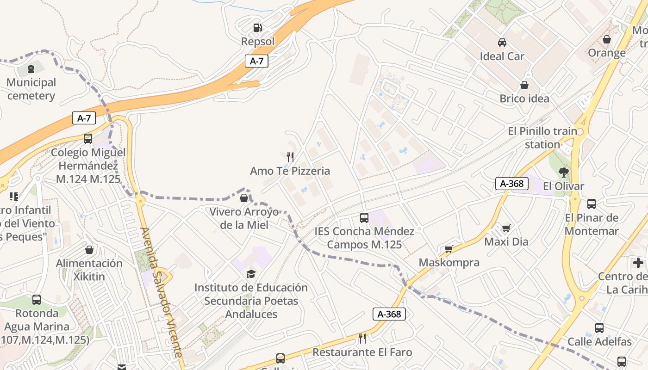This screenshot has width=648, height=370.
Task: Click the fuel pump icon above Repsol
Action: (258, 28)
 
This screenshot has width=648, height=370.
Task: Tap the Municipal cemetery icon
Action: (31, 69)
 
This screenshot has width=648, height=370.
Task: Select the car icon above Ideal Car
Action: (502, 43)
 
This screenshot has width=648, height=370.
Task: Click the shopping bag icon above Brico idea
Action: (524, 85)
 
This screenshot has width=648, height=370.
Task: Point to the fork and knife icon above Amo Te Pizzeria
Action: (290, 157)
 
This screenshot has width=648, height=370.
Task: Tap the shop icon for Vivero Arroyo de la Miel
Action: (244, 198)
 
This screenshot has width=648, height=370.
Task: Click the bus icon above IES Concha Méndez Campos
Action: (364, 217)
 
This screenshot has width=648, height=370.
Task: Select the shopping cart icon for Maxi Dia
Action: (506, 228)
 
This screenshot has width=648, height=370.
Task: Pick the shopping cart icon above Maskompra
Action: (449, 249)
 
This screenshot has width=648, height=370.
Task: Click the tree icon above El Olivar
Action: (563, 173)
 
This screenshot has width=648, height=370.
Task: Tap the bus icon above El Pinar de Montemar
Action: (591, 204)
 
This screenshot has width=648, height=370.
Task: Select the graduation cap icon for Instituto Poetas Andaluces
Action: (251, 274)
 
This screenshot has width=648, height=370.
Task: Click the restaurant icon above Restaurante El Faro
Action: (362, 339)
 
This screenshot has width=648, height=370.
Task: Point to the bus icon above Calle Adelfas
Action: (599, 328)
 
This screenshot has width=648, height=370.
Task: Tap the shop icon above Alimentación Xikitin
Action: (89, 250)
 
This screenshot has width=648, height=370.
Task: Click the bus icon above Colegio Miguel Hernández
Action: (88, 139)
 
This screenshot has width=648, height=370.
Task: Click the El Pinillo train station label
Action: (542, 138)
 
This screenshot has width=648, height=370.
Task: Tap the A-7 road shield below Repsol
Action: (256, 61)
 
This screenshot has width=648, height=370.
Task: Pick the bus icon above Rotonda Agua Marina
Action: (37, 300)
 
